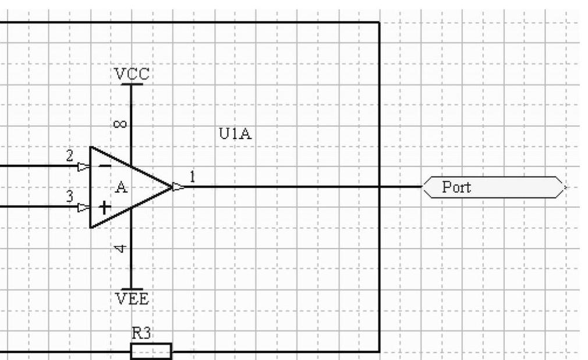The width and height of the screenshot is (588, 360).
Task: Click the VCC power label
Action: pyautogui.click(x=132, y=74)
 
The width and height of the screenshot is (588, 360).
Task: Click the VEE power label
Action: pyautogui.click(x=132, y=299)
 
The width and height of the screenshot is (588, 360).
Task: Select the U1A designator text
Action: pyautogui.click(x=235, y=134)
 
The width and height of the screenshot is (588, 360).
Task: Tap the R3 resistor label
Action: pyautogui.click(x=142, y=334)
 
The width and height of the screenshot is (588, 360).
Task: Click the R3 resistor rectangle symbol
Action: pyautogui.click(x=151, y=351)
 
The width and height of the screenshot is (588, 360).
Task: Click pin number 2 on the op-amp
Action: pyautogui.click(x=70, y=156)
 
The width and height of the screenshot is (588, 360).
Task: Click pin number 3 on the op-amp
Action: pyautogui.click(x=70, y=196)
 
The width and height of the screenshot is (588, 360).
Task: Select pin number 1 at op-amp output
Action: pyautogui.click(x=193, y=175)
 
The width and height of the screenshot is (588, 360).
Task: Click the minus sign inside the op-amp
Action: pyautogui.click(x=105, y=166)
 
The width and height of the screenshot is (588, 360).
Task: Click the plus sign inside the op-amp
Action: pyautogui.click(x=105, y=207)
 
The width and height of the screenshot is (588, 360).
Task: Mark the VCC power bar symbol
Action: pyautogui.click(x=132, y=84)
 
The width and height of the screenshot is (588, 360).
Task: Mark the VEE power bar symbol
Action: pyautogui.click(x=132, y=289)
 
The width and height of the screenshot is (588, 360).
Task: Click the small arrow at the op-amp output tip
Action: pyautogui.click(x=179, y=187)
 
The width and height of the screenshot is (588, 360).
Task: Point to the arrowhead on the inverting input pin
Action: pyautogui.click(x=84, y=166)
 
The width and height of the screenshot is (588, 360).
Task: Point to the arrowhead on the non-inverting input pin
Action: pyautogui.click(x=84, y=207)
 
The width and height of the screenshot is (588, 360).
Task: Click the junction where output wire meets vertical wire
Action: pyautogui.click(x=379, y=187)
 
